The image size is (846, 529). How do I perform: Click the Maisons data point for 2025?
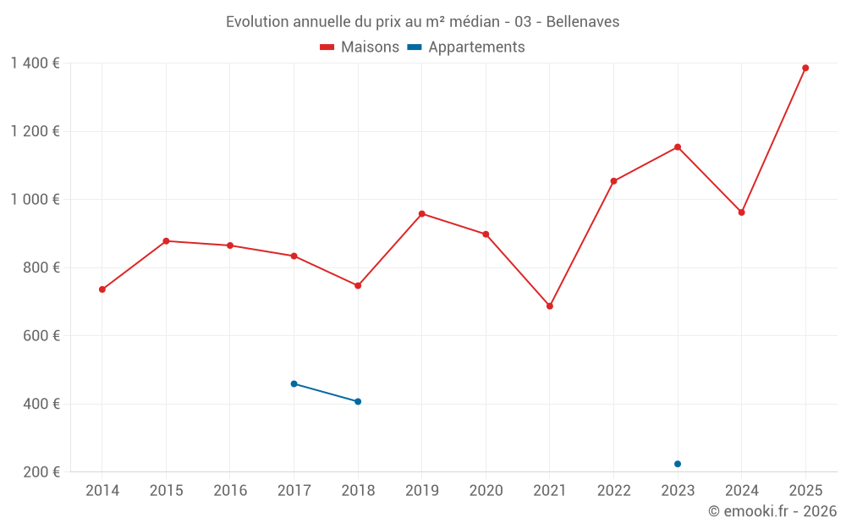tap(805, 68)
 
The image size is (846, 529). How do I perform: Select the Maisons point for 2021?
tap(550, 306)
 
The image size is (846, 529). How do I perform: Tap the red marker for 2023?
tap(678, 147)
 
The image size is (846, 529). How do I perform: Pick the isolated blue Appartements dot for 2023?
tap(678, 464)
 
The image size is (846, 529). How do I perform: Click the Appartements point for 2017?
tap(294, 384)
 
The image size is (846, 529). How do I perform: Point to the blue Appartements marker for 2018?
tap(358, 401)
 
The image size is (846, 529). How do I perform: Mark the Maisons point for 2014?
tap(102, 289)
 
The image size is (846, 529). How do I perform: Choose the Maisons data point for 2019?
tap(422, 213)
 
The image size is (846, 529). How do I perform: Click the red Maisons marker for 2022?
tap(613, 181)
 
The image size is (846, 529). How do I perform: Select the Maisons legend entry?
tap(360, 47)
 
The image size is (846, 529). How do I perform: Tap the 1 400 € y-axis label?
tap(35, 63)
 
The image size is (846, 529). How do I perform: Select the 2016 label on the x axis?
tap(230, 491)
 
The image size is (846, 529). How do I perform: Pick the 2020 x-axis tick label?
tap(486, 491)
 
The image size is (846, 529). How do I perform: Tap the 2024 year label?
tap(741, 491)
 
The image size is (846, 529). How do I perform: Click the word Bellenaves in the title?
tap(582, 22)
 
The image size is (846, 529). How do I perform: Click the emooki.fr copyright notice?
tap(772, 511)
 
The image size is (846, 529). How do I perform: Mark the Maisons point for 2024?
tap(741, 212)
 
